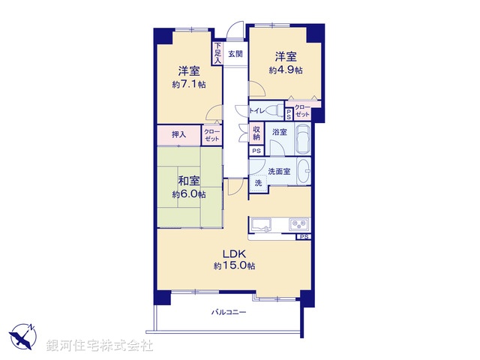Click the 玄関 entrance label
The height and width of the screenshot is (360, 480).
click(235, 54)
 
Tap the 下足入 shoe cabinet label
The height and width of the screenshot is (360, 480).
click(217, 52)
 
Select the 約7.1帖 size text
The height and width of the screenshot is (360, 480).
click(187, 85)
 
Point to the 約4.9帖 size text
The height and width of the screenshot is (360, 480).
click(286, 70)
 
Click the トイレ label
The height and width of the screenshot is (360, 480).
click(256, 111)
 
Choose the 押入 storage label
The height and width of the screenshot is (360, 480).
click(178, 134)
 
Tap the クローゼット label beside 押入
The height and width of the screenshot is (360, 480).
click(212, 135)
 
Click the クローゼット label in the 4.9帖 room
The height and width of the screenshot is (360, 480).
click(303, 112)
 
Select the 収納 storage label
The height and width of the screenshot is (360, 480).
click(256, 133)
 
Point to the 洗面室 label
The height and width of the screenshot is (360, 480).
click(279, 171)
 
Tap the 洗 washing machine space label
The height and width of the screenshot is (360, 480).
click(257, 183)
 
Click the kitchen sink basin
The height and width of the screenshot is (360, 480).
click(263, 224)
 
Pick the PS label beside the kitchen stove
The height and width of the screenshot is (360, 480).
click(303, 237)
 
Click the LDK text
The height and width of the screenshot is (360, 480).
click(230, 253)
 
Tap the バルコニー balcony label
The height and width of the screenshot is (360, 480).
click(228, 312)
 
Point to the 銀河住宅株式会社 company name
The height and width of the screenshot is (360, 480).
click(100, 346)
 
